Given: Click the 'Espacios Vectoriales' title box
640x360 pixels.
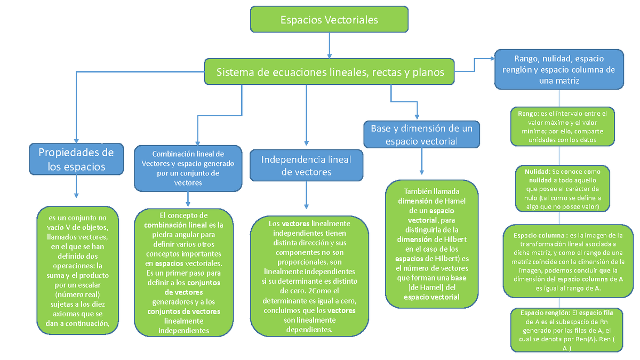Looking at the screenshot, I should tap(329, 20).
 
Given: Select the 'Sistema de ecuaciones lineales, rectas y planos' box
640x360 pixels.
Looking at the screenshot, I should tap(330, 72).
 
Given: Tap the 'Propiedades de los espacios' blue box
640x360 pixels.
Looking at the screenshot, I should tap(76, 159).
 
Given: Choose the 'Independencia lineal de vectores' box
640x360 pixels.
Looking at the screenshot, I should tap(306, 165).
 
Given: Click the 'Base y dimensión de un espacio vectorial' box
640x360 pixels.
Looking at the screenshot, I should tap(422, 134).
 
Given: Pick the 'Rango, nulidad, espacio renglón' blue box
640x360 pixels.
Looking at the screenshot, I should tap(558, 69).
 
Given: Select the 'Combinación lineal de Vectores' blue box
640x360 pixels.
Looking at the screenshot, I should tap(188, 168).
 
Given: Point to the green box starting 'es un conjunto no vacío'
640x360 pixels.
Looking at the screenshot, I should tap(77, 270).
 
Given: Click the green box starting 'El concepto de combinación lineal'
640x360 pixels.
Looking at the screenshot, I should tap(188, 272).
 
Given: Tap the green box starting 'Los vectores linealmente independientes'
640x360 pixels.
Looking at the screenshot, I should tap(309, 276).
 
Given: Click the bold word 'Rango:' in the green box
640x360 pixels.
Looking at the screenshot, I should tap(528, 114).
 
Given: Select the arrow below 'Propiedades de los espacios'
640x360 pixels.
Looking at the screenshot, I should tap(76, 187).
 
